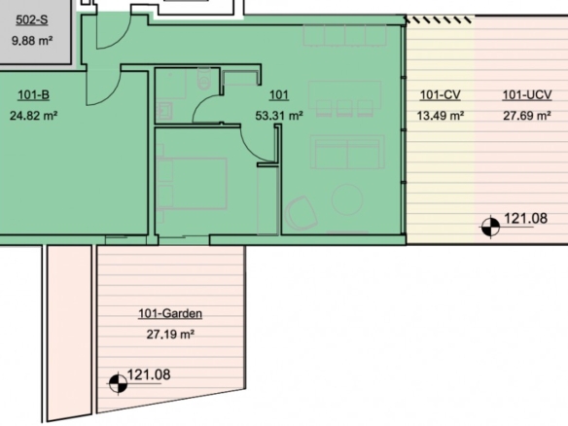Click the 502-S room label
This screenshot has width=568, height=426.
coord(31,19)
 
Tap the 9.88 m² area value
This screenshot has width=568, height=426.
coord(32,40)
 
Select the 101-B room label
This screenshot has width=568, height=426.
coord(33,95)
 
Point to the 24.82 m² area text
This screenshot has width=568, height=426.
coord(33,116)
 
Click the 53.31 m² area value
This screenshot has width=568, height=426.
coord(279,116)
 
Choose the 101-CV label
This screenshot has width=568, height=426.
coord(441,95)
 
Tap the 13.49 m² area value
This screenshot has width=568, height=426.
coord(441,116)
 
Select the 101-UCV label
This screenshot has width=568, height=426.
coord(527,95)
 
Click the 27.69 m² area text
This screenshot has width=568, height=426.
coord(527,116)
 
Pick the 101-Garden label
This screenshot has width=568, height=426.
coord(170,313)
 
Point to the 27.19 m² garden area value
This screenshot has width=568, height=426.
coord(170,334)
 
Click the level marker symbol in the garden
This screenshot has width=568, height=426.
coord(118,383)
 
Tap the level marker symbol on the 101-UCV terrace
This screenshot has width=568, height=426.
coord(490,228)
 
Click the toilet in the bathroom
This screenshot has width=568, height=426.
coord(204,79)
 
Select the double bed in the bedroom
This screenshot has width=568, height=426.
coord(192,183)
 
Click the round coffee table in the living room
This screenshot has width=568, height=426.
coord(347,199)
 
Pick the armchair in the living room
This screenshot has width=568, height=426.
coord(301,214)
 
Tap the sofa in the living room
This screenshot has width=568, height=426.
coord(347,152)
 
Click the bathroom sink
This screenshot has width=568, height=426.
coord(164,111)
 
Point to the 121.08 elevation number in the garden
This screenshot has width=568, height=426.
coord(149,374)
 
